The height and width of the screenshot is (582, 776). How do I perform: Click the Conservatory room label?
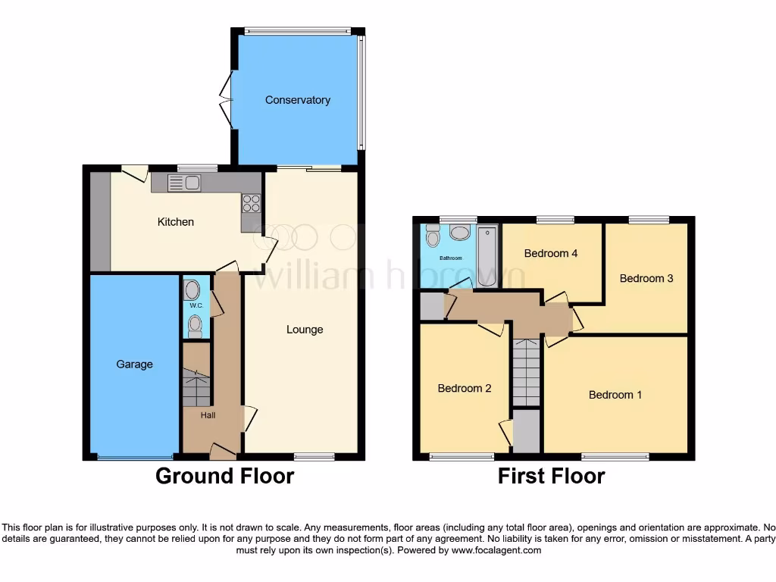tap(297, 100)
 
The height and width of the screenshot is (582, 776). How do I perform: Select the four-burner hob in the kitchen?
tap(251, 203)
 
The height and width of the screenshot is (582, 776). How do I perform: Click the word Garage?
tap(134, 365)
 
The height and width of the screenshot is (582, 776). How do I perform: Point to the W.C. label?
tap(196, 305)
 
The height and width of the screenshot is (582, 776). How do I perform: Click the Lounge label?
tap(305, 330)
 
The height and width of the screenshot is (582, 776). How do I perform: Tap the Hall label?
tap(208, 415)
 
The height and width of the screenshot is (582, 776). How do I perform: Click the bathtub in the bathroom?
tap(487, 255)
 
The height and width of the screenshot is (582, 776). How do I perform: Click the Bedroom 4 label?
tap(551, 253)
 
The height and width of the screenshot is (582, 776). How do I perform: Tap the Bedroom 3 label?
tap(646, 278)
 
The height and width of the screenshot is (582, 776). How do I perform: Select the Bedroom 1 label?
tap(615, 395)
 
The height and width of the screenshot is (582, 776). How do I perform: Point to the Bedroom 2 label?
tap(465, 389)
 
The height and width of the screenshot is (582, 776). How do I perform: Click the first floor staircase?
tap(526, 371)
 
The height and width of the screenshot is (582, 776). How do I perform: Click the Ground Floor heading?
tap(224, 476)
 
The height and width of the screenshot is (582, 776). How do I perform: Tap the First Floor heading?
tap(551, 476)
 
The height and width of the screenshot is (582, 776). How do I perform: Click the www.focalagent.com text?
tap(496, 550)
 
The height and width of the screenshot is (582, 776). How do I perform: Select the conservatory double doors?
tap(226, 99)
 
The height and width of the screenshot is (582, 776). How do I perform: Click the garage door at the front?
tap(135, 458)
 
